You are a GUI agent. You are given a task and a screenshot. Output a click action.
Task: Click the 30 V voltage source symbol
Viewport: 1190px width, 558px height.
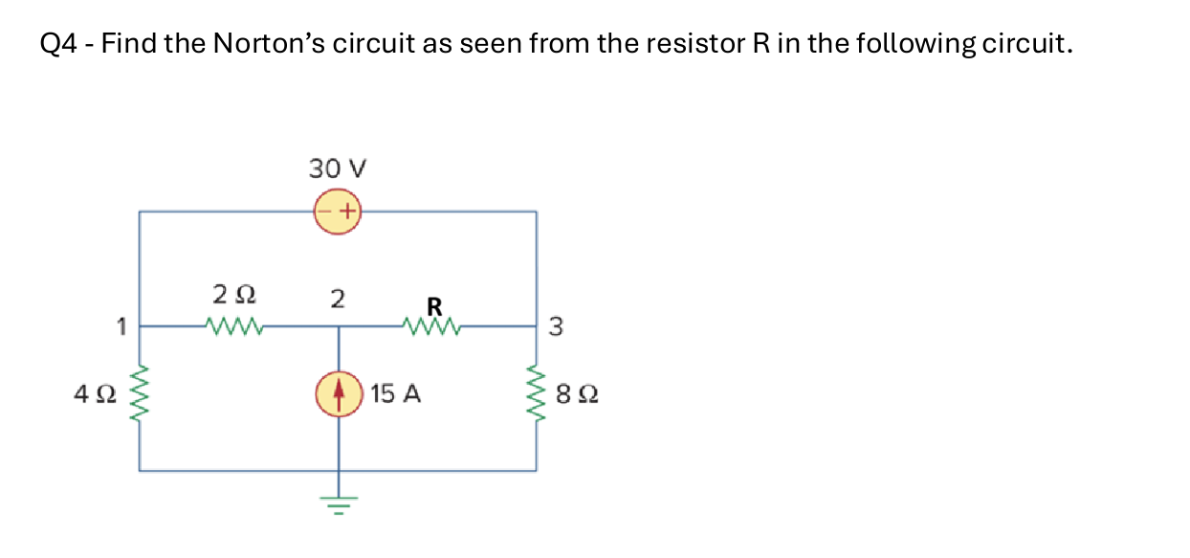tap(337, 211)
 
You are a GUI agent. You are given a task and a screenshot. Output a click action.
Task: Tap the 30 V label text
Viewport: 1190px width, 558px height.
tap(338, 169)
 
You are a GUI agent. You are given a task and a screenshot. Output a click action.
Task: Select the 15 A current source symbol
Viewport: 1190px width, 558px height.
tap(337, 393)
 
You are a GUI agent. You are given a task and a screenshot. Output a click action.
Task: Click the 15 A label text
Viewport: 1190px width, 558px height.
tap(396, 393)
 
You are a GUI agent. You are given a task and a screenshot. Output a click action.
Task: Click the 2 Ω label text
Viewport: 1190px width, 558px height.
tap(232, 291)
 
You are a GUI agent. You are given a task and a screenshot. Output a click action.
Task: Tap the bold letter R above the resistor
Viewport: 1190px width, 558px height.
tap(433, 306)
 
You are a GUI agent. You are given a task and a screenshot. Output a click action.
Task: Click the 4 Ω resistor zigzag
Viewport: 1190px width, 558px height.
tap(141, 392)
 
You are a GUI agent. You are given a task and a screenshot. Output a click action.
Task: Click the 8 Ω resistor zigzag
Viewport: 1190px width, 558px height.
tap(536, 392)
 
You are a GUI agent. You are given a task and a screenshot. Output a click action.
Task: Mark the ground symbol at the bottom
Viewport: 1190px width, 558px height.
tap(337, 501)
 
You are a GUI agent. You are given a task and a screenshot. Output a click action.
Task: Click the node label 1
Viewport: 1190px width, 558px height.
tap(121, 327)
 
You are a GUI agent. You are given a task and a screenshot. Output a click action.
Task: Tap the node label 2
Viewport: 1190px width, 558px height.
tap(337, 298)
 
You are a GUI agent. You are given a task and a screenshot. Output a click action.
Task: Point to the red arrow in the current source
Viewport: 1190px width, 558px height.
tap(337, 392)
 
